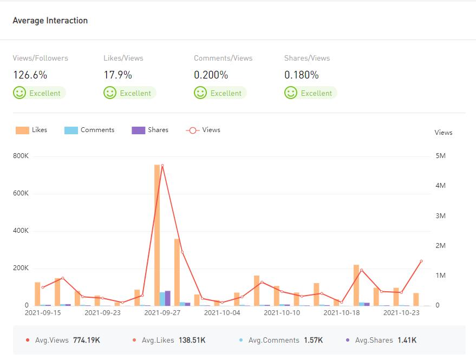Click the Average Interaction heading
(50, 21)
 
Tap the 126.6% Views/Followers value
(30, 75)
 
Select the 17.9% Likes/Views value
(118, 75)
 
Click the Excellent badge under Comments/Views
(220, 93)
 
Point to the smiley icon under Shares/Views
(291, 93)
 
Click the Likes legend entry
(32, 130)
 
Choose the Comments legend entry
(90, 130)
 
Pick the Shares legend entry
(151, 130)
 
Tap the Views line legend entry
(204, 130)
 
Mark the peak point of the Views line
(162, 166)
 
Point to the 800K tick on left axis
(21, 156)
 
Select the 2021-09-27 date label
(162, 312)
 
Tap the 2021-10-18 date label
(341, 312)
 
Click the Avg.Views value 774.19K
(87, 340)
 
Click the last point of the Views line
(421, 261)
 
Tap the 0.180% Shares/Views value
(301, 75)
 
